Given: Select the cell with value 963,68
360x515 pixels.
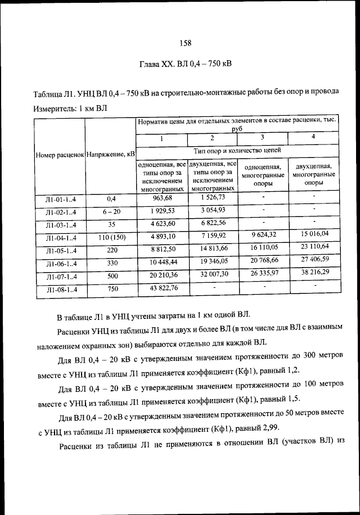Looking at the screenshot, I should click(x=162, y=198).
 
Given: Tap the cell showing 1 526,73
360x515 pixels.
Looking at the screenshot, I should click(x=212, y=197).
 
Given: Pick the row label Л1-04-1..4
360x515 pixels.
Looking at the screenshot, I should click(x=60, y=238).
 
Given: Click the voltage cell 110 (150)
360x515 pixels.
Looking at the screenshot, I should click(x=110, y=237).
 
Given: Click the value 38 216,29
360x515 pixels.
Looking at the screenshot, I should click(x=314, y=273).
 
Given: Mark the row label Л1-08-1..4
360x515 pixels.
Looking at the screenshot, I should click(x=60, y=290).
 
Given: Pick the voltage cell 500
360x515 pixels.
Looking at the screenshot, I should click(x=110, y=277).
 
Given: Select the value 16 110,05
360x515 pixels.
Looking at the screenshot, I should click(x=263, y=247).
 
